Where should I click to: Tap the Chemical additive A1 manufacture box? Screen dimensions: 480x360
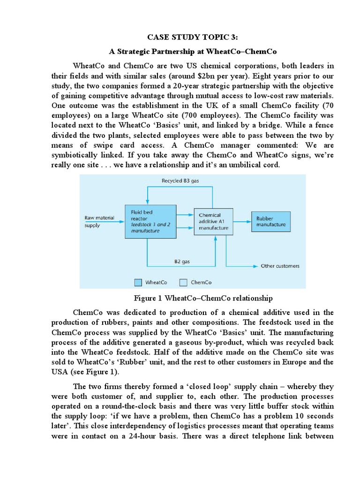[214, 221]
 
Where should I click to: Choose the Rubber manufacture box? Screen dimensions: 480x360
[270, 221]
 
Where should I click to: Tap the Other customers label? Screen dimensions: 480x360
[280, 266]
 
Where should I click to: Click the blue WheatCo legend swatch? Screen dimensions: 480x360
[138, 282]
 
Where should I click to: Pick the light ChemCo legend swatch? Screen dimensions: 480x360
[184, 282]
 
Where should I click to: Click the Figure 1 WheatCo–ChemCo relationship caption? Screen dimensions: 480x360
[203, 298]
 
